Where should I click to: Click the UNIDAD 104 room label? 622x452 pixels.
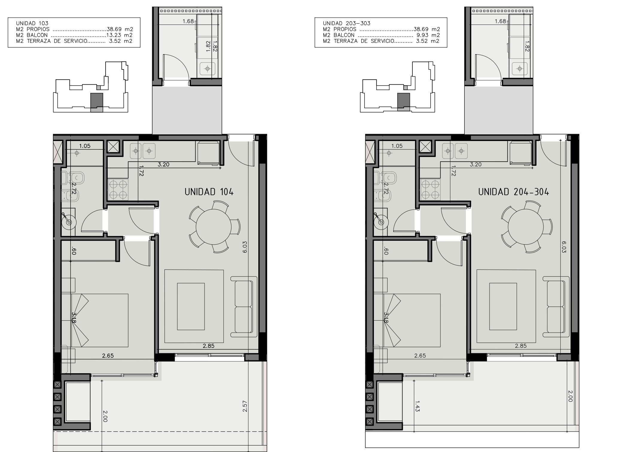point(209,192)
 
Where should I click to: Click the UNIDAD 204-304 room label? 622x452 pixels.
point(513,192)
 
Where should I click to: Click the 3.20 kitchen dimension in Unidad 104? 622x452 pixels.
point(164,164)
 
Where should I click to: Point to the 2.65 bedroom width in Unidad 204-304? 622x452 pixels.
point(420,356)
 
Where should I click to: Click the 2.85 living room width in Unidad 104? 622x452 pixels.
point(208,346)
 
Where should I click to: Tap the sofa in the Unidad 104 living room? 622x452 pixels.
point(244,307)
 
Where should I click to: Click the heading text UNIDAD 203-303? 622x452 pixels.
point(347,23)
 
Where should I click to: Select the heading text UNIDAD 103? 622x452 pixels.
point(32,23)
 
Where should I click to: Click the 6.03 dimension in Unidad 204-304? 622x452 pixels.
point(564,247)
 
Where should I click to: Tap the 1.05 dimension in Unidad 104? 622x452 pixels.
point(85,146)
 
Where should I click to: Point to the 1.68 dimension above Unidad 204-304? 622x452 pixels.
point(500,21)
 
